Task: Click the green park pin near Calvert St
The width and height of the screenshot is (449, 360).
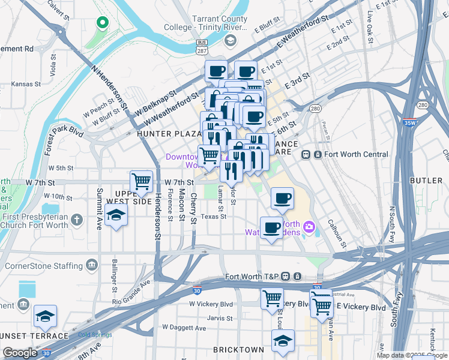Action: pos(103,23)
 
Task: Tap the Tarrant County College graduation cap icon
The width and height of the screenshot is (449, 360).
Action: pos(229,40)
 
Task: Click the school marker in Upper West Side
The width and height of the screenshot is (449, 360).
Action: pos(116,215)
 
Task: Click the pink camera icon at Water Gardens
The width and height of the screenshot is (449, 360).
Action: pos(309,227)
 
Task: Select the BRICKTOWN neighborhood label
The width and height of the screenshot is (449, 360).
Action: pos(239,349)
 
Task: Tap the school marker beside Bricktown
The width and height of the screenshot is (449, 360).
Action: pos(283,340)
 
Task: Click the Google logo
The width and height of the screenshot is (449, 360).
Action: pos(20,353)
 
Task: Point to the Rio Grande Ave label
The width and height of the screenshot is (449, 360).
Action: pos(131,292)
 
